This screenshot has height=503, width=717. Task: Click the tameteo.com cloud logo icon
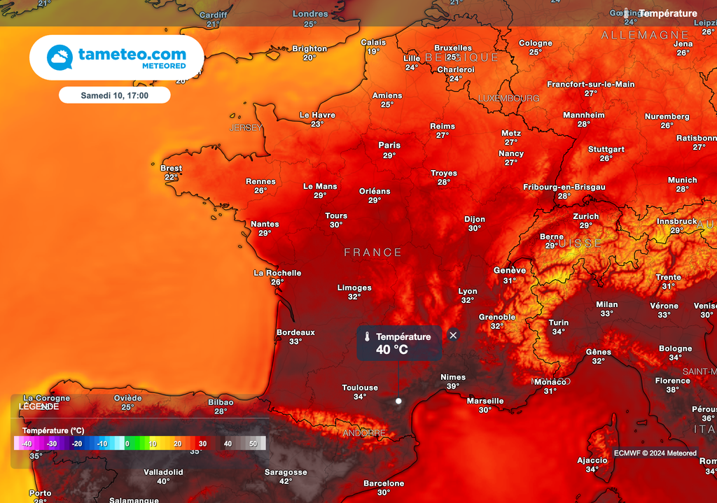60,57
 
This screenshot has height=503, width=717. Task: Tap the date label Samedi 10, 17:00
114,94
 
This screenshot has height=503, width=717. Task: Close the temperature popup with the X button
453,335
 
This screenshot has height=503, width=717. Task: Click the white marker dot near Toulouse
398,401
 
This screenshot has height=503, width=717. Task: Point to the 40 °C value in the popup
391,350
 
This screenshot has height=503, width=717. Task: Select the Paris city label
389,146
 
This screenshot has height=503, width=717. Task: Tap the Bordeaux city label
295,332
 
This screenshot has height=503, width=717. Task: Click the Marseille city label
485,401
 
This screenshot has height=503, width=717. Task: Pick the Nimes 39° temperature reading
453,386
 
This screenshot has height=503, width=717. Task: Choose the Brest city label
171,169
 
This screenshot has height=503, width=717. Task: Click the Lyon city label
468,292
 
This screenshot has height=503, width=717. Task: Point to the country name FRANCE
373,253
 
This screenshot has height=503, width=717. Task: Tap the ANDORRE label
364,434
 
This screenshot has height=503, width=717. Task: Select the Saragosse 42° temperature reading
286,481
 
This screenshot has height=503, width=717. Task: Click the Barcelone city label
384,483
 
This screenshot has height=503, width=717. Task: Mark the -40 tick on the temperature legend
27,444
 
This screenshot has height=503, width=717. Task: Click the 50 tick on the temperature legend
253,444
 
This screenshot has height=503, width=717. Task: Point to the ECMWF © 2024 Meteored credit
655,453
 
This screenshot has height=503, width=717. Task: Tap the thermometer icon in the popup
366,336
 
